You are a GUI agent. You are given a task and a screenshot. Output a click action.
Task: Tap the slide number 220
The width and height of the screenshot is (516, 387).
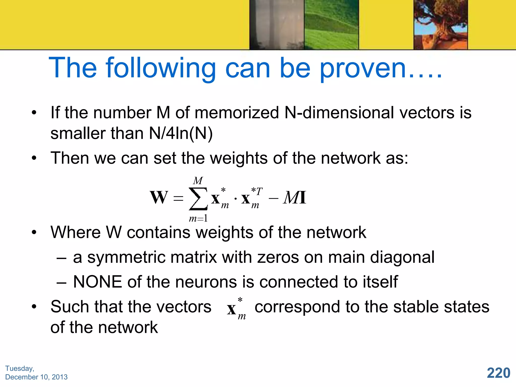[498, 373]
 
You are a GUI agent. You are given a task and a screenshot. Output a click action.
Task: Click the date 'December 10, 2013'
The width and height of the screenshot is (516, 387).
[37, 377]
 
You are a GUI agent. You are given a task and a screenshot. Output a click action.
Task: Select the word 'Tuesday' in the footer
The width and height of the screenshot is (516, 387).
[19, 368]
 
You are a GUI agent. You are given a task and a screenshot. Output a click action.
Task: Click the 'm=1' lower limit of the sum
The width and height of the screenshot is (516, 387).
[198, 218]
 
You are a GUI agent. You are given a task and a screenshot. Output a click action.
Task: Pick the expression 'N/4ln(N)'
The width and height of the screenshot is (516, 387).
[181, 133]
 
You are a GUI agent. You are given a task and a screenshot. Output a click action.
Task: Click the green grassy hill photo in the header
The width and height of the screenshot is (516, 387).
[331, 24]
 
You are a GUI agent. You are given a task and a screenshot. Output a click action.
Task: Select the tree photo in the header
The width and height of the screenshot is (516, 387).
[440, 24]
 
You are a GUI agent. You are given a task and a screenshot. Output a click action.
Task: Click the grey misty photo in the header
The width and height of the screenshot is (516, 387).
[277, 24]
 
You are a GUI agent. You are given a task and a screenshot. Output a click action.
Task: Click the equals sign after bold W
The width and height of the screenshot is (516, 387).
[178, 198]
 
